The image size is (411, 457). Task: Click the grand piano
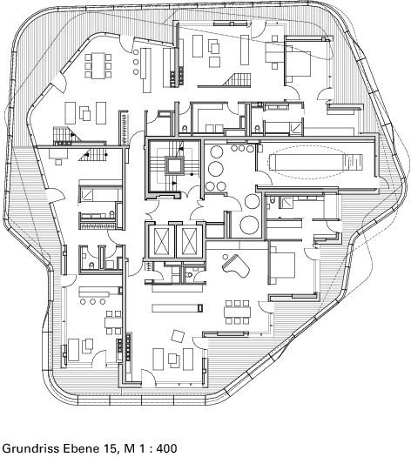pyautogui.click(x=236, y=265)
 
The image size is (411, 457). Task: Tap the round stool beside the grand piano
pyautogui.click(x=226, y=257)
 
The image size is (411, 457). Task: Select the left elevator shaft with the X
pyautogui.click(x=161, y=241)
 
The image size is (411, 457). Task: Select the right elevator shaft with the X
pyautogui.click(x=189, y=241)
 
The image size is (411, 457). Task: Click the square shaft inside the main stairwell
pyautogui.click(x=174, y=165)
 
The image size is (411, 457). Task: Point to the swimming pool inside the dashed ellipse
pyautogui.click(x=310, y=162)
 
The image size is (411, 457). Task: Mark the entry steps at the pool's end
pyautogui.click(x=355, y=162)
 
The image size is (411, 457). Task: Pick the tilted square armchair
pyautogui.click(x=178, y=336)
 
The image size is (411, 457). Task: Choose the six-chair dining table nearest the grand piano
pyautogui.click(x=237, y=313)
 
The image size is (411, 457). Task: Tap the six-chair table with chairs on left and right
pyautogui.click(x=98, y=65)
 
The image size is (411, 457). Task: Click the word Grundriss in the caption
pyautogui.click(x=29, y=448)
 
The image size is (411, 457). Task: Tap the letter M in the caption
pyautogui.click(x=129, y=448)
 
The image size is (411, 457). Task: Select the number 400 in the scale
pyautogui.click(x=166, y=448)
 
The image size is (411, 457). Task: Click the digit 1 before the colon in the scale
pyautogui.click(x=141, y=448)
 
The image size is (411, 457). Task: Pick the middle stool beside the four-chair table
pyautogui.click(x=92, y=301)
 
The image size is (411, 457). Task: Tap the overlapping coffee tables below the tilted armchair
pyautogui.click(x=174, y=360)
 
